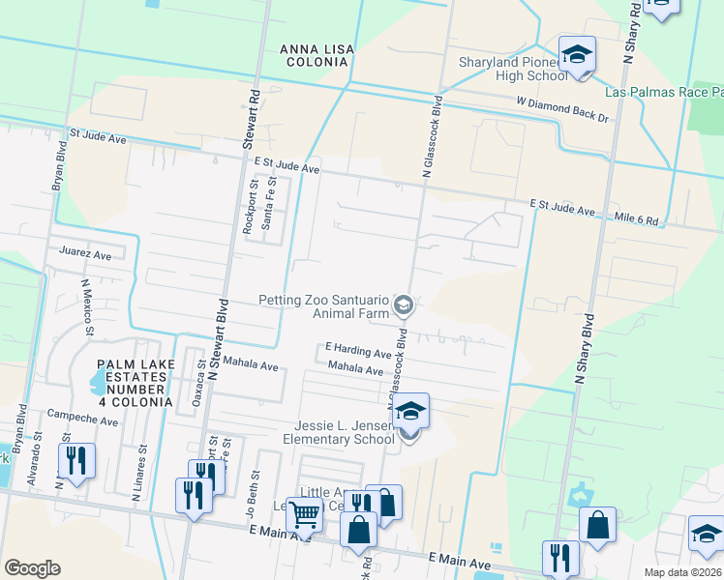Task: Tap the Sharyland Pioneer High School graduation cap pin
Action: (577, 56)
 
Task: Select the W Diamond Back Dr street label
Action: (561, 109)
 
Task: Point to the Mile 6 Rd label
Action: (637, 220)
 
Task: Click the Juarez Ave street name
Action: (85, 255)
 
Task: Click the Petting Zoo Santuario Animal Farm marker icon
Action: (404, 306)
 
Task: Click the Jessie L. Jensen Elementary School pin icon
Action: (410, 413)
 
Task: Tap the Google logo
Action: (32, 568)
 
